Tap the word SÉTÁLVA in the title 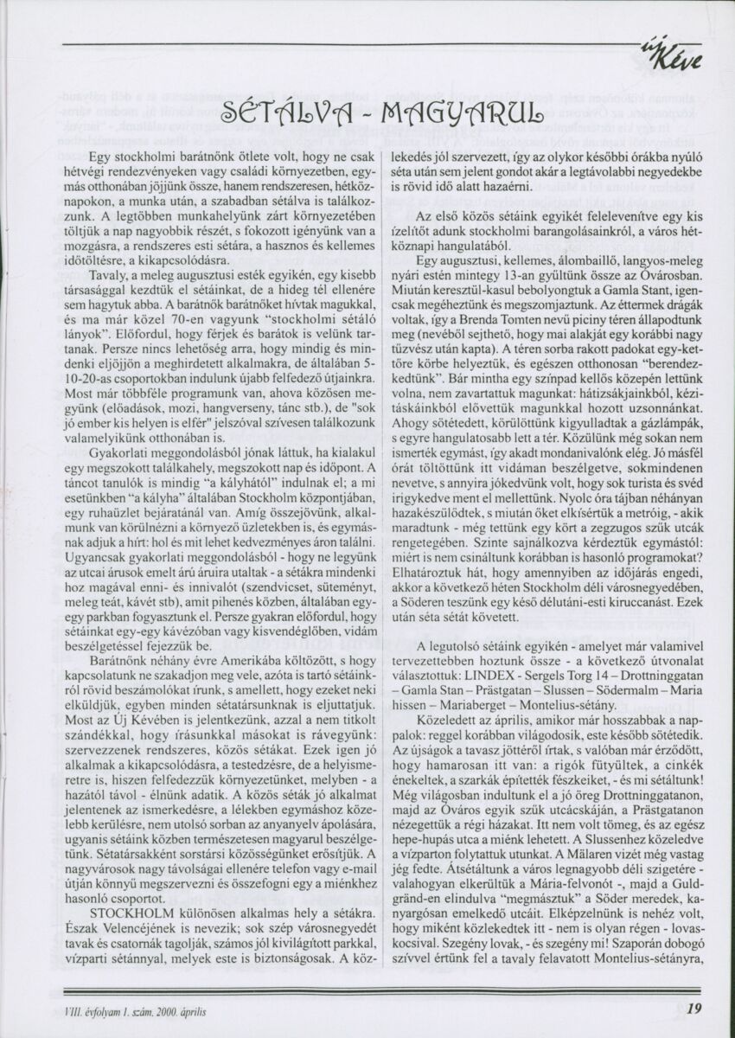[x=272, y=113]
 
